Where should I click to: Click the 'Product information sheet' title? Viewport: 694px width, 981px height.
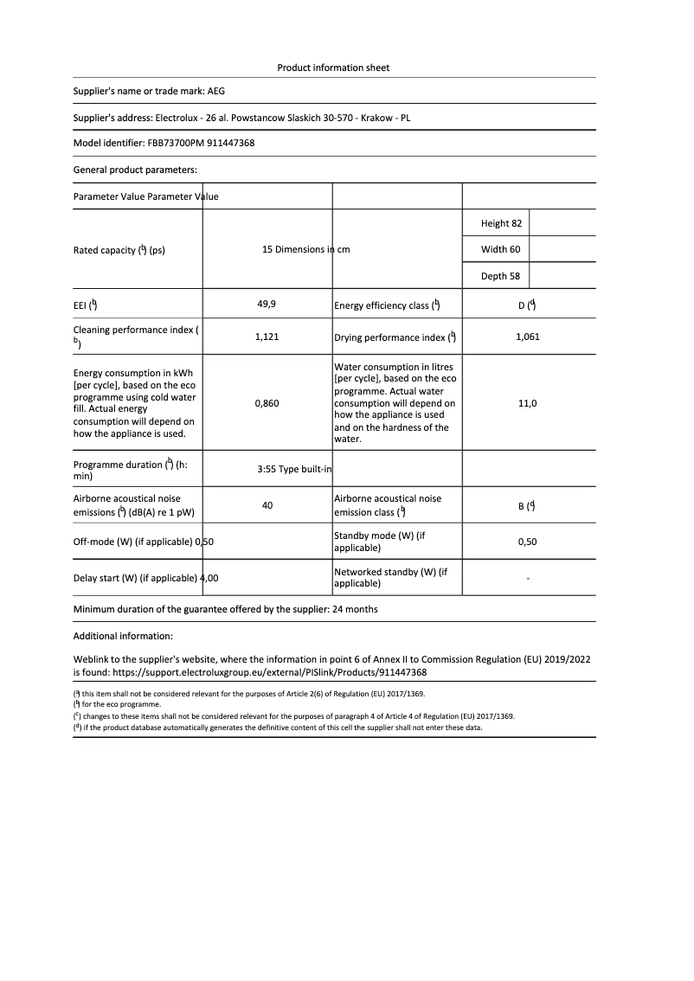tap(333, 67)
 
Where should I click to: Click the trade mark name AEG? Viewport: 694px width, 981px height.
tap(216, 90)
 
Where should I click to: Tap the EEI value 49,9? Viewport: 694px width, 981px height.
tap(267, 305)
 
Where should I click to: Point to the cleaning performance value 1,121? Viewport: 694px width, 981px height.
tap(267, 337)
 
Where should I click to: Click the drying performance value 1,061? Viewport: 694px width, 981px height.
tap(527, 337)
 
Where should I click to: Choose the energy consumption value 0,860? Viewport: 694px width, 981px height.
tap(267, 403)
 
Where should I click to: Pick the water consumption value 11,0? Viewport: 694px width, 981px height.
tap(527, 403)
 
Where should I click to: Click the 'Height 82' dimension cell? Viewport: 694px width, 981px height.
tap(501, 223)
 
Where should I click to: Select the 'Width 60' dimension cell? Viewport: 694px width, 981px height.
tap(501, 250)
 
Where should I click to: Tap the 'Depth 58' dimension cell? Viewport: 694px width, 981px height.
tap(501, 276)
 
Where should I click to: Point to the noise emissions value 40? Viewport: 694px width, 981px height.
tap(267, 505)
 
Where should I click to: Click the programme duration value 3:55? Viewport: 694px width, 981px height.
tap(266, 470)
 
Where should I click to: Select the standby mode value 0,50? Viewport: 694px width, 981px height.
tap(527, 542)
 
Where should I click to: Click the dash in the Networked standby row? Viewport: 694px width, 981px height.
tap(528, 578)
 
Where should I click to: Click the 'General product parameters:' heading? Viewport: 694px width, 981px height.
tap(135, 170)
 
